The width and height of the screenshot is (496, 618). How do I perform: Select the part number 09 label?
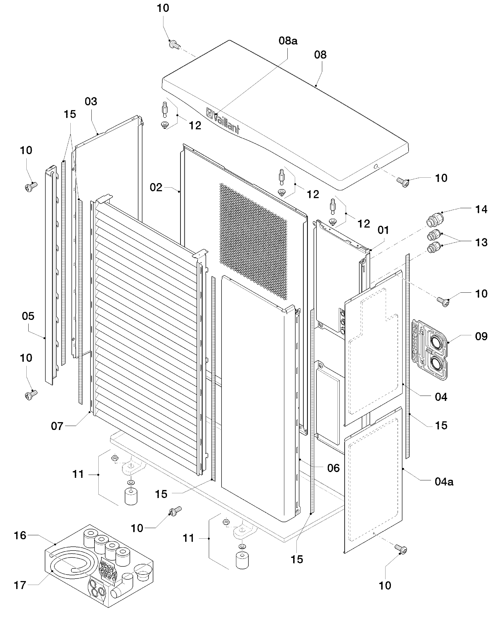coord(481,336)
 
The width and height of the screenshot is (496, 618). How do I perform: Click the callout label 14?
coord(481,209)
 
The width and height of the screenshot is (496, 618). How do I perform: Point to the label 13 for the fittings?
coord(481,242)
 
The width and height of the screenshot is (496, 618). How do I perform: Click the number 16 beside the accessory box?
coord(20,535)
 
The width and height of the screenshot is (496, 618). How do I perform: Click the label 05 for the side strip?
coord(28,316)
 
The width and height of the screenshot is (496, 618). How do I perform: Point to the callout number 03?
coord(91,101)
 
